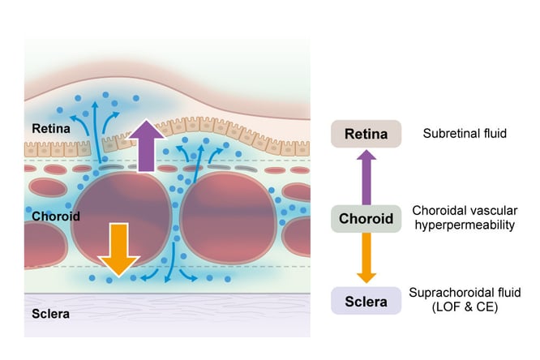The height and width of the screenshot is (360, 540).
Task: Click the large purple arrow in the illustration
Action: pos(145,148)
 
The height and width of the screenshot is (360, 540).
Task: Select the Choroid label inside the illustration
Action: pos(55,216)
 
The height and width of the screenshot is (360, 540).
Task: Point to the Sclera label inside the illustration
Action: pos(50,313)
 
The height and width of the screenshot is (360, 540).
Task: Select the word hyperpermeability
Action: pos(464,225)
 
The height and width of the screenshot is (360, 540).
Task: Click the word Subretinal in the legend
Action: pos(448,133)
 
